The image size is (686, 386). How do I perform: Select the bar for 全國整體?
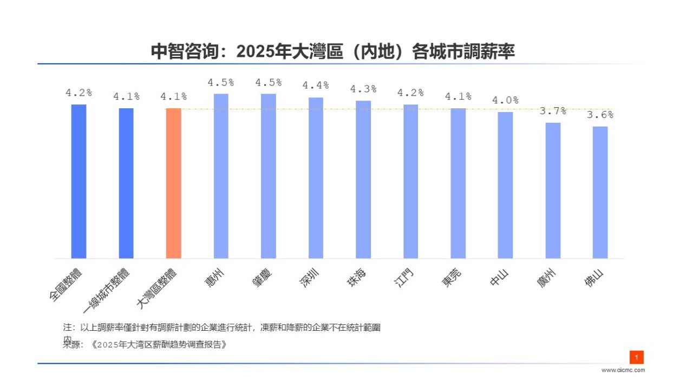tap(79, 181)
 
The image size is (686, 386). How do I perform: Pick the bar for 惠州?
tap(221, 176)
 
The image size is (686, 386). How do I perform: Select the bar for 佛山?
tap(600, 192)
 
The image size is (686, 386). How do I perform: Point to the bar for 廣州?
tap(553, 191)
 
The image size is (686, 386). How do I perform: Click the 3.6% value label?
tap(600, 115)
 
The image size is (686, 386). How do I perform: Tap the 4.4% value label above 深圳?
tap(316, 86)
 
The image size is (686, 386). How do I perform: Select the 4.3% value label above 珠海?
tap(363, 89)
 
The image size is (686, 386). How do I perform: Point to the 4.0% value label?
tap(505, 100)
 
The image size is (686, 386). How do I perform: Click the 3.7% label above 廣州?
tap(553, 111)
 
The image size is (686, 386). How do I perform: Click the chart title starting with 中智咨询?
tap(332, 52)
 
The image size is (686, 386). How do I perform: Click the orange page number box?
tap(636, 357)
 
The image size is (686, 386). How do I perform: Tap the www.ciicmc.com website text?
tap(623, 370)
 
